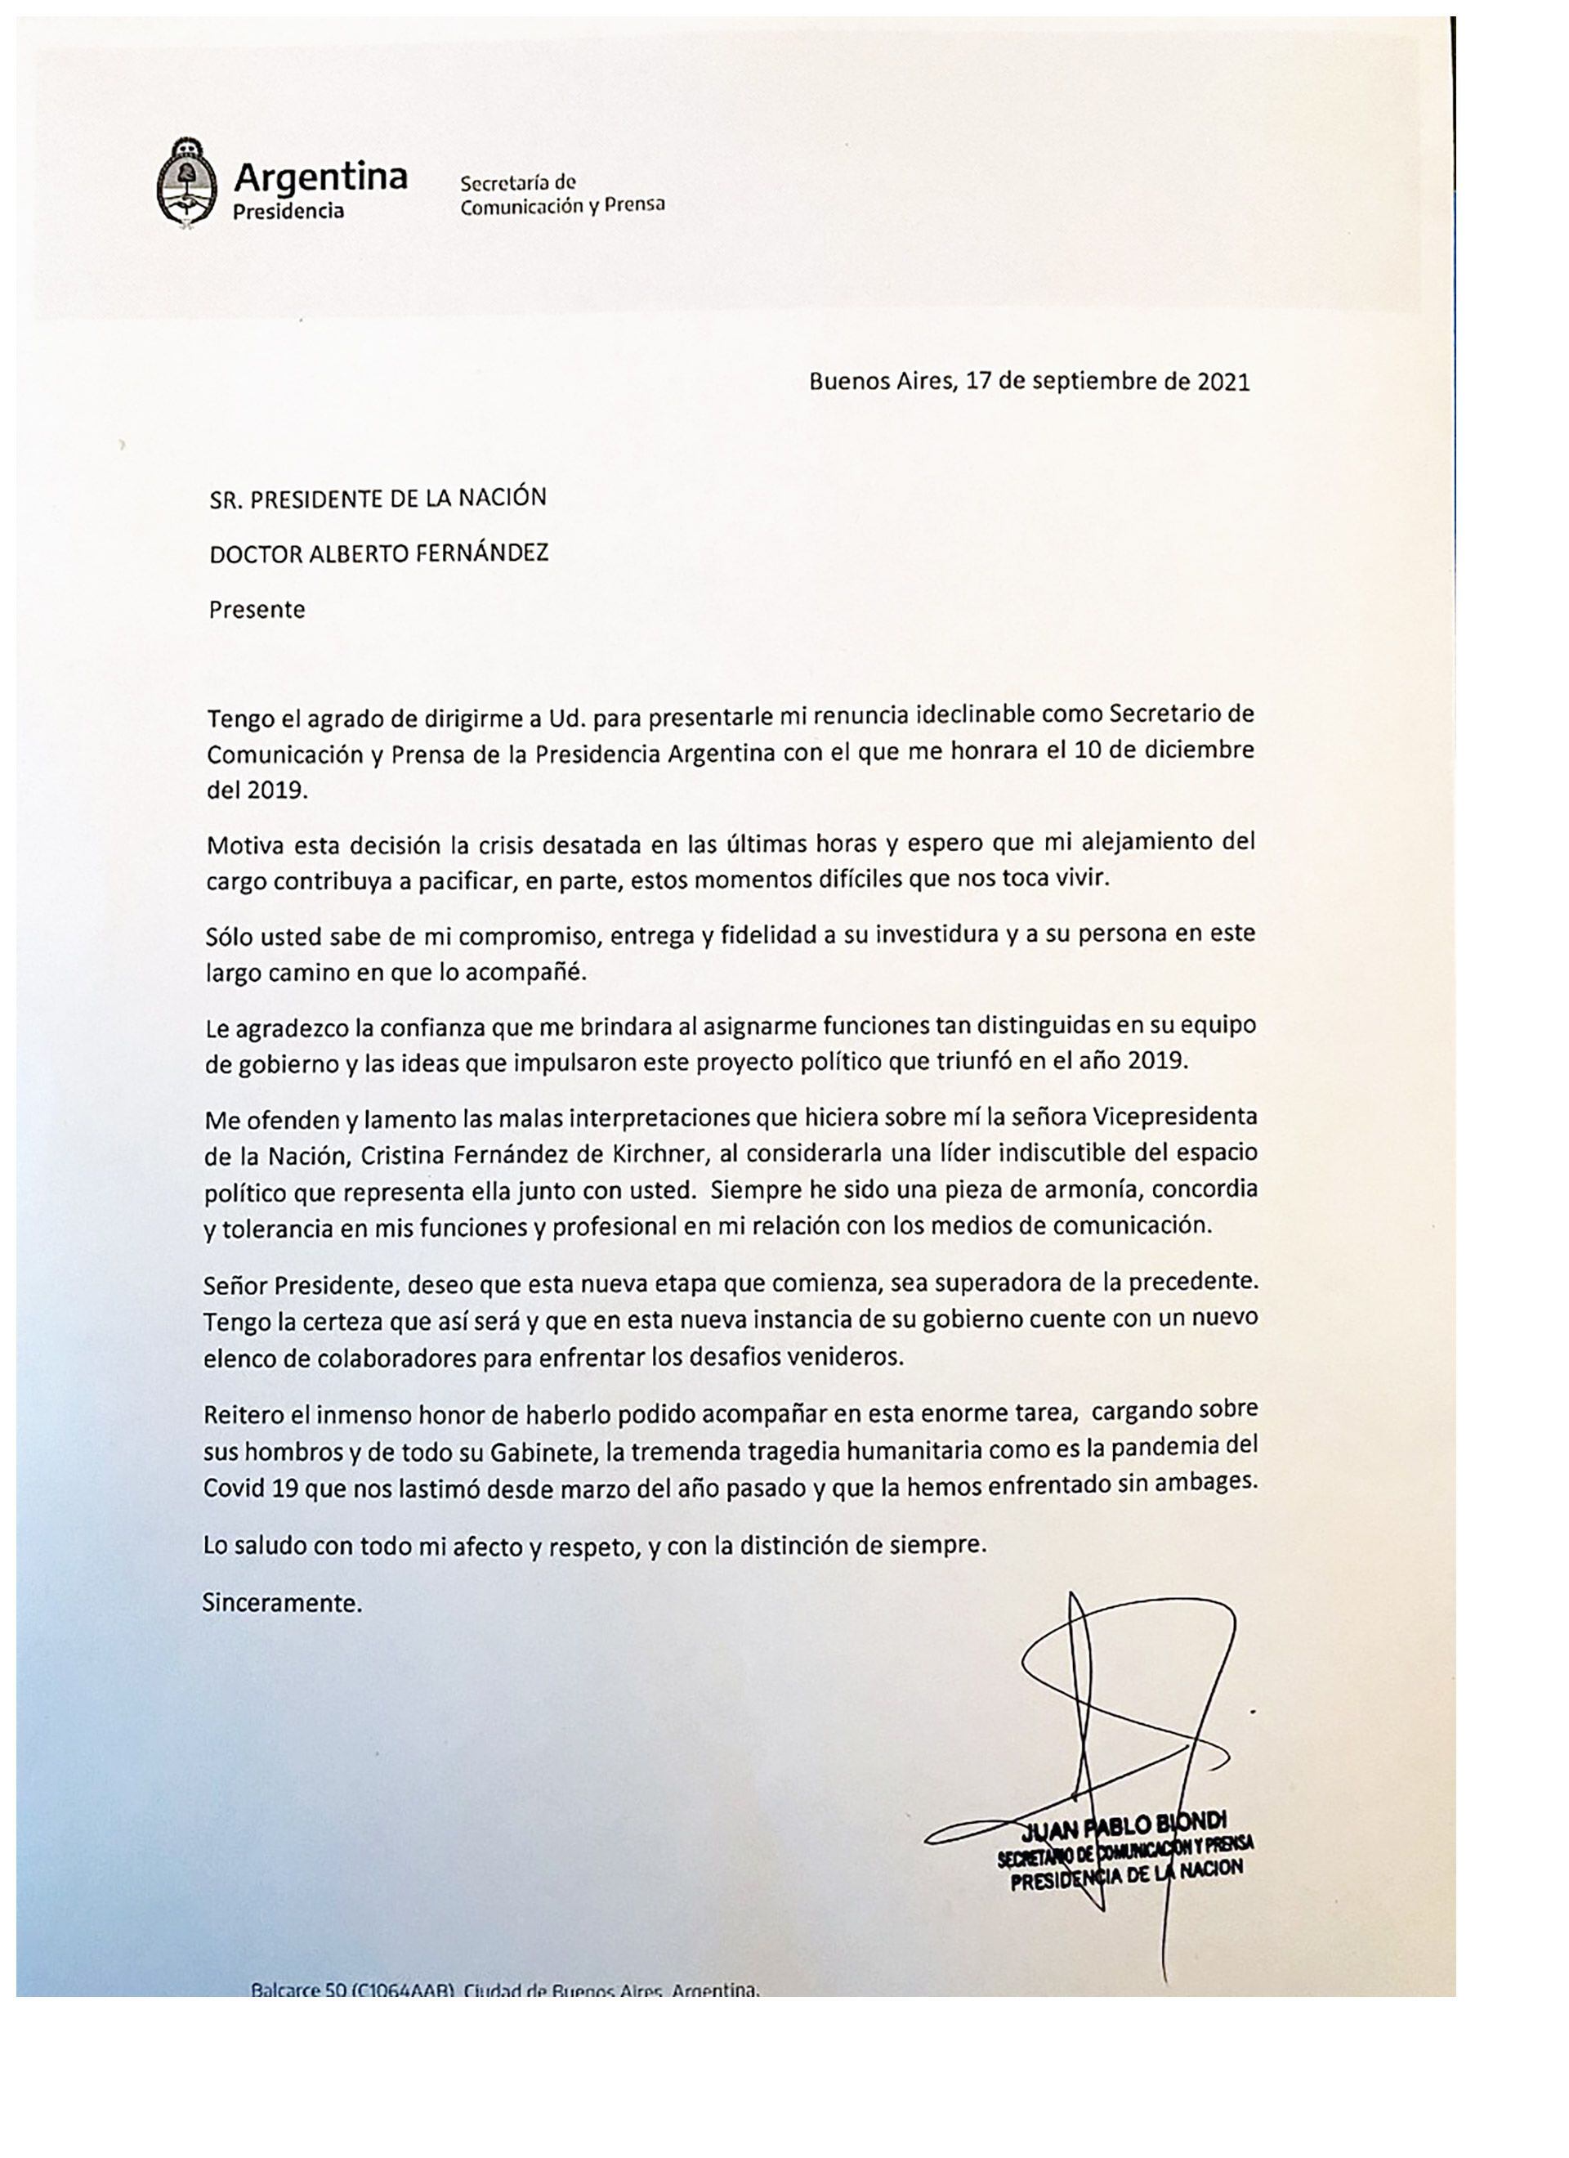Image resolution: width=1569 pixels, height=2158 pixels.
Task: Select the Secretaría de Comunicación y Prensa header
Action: pyautogui.click(x=561, y=194)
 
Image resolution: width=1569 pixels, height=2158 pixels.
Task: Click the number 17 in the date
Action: pyautogui.click(x=977, y=383)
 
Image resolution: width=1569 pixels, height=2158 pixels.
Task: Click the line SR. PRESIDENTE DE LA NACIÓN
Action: pyautogui.click(x=378, y=497)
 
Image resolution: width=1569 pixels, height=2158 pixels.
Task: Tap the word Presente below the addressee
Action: pyautogui.click(x=257, y=609)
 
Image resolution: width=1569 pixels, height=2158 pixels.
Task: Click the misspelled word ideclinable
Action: pyautogui.click(x=984, y=714)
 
